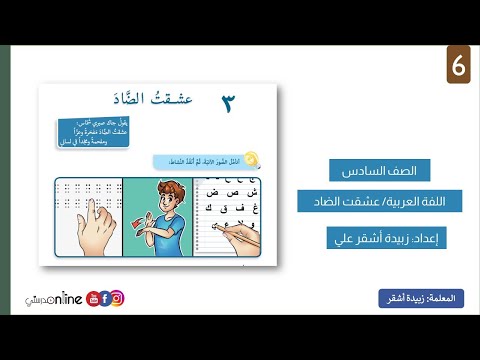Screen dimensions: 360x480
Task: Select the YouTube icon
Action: pyautogui.click(x=92, y=298)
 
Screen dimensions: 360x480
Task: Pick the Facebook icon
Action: pyautogui.click(x=104, y=298)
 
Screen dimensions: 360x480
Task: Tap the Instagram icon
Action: pyautogui.click(x=117, y=298)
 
